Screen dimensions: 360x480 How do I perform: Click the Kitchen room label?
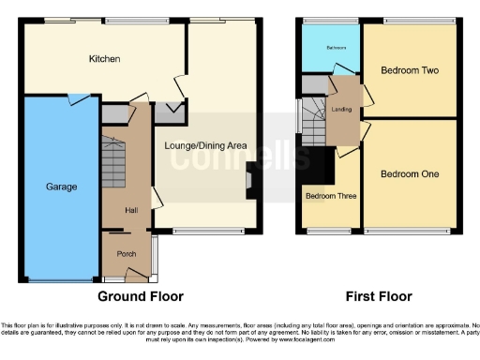(x=104, y=59)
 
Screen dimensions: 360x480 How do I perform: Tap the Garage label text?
(x=62, y=187)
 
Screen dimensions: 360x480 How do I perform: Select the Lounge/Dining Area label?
(x=205, y=145)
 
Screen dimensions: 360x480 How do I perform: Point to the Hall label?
(x=131, y=210)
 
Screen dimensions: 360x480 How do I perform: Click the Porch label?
(x=127, y=254)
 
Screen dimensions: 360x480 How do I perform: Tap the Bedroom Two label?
(x=411, y=70)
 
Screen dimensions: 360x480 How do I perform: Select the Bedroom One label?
(x=411, y=174)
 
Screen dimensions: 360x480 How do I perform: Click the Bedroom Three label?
(x=325, y=196)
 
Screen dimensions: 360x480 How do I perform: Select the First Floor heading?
(x=379, y=296)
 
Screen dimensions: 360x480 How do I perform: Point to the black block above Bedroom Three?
(x=325, y=165)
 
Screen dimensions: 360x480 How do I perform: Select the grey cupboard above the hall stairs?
(x=113, y=114)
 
